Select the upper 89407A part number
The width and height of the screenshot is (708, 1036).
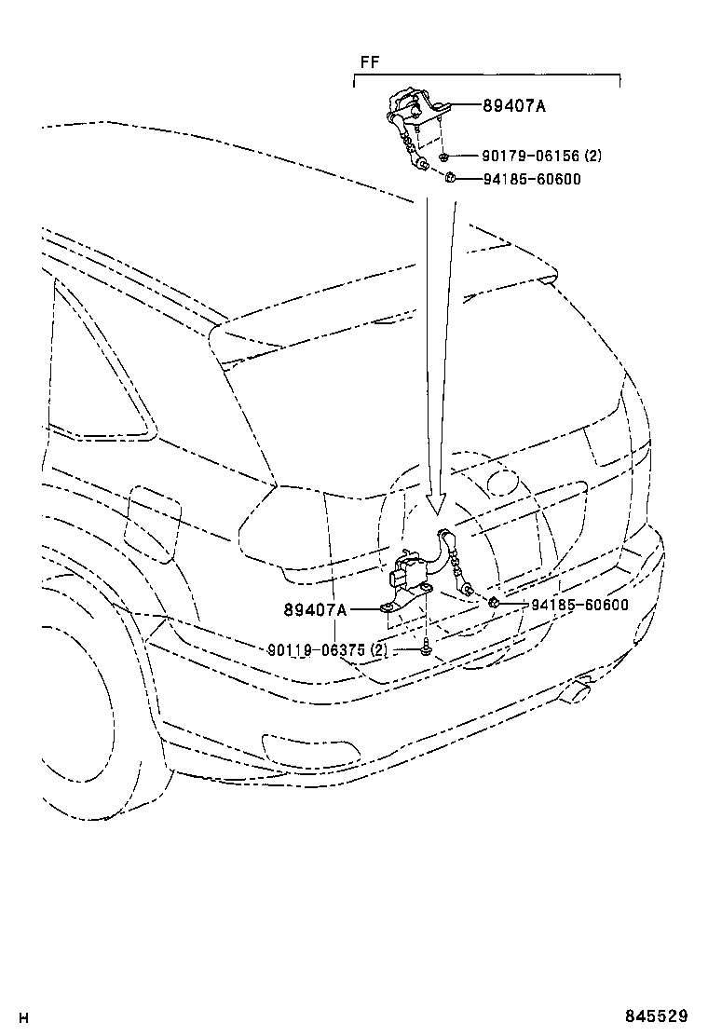point(514,106)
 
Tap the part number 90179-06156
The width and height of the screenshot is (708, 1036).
point(519,157)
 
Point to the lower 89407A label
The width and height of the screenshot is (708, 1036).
point(315,610)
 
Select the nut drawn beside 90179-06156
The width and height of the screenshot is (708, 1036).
point(445,157)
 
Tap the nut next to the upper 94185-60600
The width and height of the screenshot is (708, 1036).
point(448,178)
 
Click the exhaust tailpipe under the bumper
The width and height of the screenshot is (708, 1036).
point(577,690)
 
